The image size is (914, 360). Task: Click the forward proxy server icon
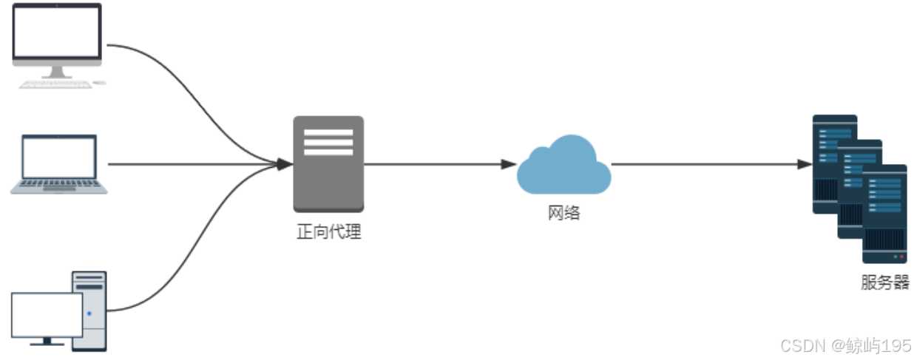(x=328, y=163)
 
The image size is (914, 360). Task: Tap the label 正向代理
(x=328, y=232)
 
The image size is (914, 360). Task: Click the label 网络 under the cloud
(x=563, y=213)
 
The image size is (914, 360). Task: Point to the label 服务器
(x=884, y=282)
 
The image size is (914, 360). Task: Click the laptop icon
(x=59, y=164)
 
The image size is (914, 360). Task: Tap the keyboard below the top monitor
(x=55, y=84)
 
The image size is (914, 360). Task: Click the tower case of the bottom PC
(x=89, y=310)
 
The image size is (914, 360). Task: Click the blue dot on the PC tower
(x=89, y=313)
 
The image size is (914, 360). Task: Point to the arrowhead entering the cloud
(x=509, y=164)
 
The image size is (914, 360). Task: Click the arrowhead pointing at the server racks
(x=805, y=164)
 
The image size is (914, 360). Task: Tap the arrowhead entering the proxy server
(x=285, y=164)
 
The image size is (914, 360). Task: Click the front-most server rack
(x=884, y=214)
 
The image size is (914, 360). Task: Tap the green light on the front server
(x=896, y=257)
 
